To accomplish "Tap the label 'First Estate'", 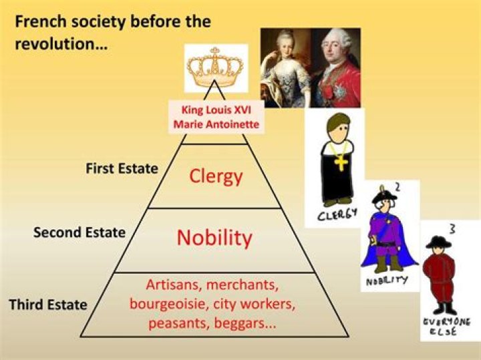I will coord(122,168).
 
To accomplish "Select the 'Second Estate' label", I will coord(79,232).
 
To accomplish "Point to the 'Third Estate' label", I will coord(48,305).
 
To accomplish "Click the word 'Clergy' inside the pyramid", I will coord(215,176).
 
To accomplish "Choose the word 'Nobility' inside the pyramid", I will coord(214,238).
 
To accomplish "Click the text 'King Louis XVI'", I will coord(214,110).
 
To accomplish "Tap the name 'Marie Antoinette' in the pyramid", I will coord(214,124).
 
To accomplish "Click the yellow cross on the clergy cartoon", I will coord(341,162).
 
